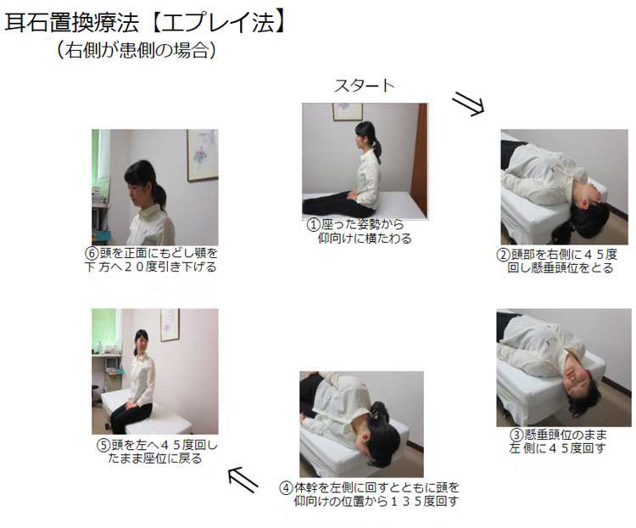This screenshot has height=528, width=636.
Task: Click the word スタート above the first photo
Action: (x=364, y=86)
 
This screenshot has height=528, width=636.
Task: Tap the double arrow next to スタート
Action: (x=468, y=104)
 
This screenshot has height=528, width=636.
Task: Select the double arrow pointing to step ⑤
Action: (x=243, y=480)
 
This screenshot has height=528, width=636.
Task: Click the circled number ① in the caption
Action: (x=313, y=225)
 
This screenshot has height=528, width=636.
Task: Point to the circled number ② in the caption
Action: (x=503, y=255)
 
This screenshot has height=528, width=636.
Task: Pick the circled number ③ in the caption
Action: (x=516, y=435)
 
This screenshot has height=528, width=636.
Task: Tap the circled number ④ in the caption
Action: (x=286, y=487)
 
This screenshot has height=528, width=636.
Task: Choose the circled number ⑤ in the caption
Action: (x=103, y=445)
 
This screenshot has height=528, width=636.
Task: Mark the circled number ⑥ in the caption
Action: (x=92, y=253)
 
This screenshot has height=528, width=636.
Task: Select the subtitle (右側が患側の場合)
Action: (x=136, y=50)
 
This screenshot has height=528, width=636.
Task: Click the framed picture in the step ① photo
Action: (x=348, y=112)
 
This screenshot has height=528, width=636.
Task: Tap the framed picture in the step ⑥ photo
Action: (x=203, y=154)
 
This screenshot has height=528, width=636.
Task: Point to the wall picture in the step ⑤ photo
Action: (x=170, y=324)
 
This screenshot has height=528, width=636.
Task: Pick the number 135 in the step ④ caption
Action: (x=406, y=501)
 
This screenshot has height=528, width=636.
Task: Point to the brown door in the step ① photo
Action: (x=419, y=160)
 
